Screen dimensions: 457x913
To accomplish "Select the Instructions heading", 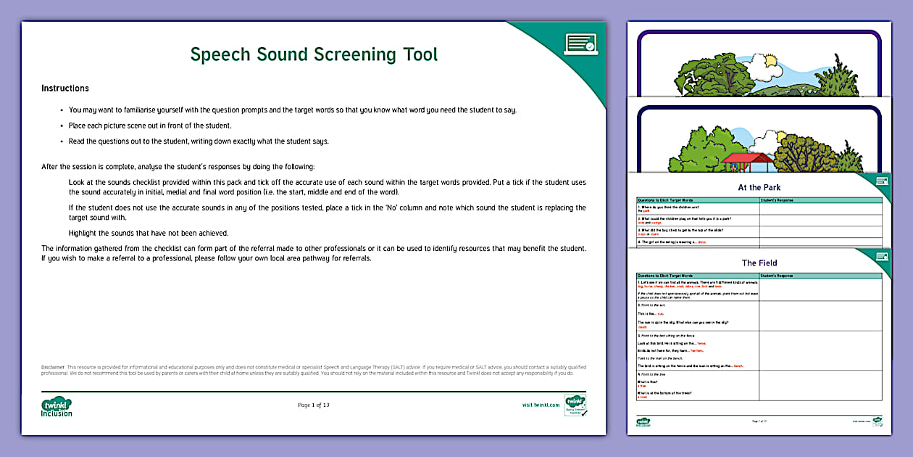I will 65,88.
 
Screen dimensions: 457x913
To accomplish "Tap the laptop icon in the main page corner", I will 580,44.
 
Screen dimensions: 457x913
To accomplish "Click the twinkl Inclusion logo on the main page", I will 57,406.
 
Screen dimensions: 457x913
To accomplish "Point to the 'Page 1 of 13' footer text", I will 314,405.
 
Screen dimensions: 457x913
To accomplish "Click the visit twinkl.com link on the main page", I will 541,405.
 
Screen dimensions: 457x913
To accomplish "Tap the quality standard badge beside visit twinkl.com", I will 575,405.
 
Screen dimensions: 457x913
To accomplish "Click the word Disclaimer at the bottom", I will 54,367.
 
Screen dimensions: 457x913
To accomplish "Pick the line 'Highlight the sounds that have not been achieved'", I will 149,233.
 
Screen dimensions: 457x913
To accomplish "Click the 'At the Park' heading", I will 759,188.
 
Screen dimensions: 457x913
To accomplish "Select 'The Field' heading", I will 759,263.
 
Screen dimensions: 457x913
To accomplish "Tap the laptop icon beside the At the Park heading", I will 882,181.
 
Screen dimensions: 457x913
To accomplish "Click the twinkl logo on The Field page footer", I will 643,421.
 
